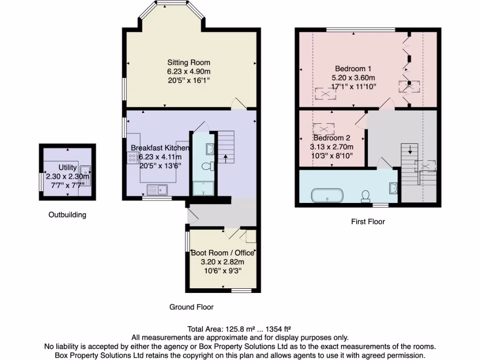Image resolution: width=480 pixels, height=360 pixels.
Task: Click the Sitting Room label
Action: point(189,62)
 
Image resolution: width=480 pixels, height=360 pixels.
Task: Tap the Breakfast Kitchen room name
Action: point(160,148)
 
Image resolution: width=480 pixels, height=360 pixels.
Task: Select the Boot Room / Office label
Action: point(219,253)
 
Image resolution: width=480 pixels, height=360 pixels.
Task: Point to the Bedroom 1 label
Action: point(353,68)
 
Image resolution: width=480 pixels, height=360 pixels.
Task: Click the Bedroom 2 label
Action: point(331,138)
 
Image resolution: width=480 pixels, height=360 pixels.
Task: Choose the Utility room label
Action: point(67,167)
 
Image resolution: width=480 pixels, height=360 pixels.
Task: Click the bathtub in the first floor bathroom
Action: point(328,195)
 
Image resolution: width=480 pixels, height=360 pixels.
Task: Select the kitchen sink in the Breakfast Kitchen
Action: point(157,189)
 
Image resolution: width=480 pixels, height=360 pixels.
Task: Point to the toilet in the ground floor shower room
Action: point(207,166)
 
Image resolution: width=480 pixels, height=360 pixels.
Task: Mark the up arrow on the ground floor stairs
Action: point(226,158)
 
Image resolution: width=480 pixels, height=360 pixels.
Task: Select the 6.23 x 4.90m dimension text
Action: point(189,71)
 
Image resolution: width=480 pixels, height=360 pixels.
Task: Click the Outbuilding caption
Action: point(67,215)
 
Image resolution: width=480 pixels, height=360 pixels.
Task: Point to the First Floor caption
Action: point(368,221)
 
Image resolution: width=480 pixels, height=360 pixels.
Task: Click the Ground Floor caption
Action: point(191,307)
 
